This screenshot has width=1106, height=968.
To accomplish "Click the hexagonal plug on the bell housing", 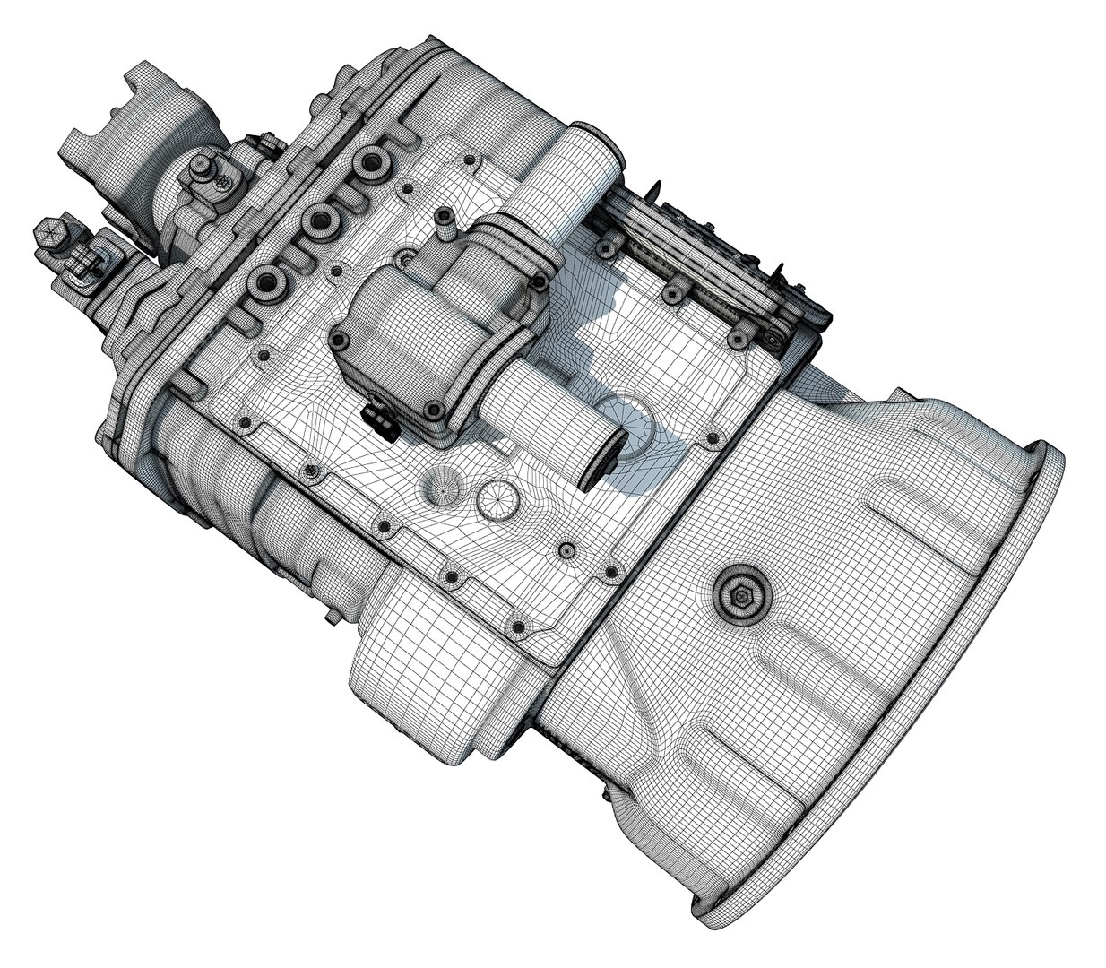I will tap(742, 593).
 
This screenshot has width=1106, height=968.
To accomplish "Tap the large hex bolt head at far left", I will tap(52, 237).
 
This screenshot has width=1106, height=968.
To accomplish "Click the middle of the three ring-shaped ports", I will tap(316, 220).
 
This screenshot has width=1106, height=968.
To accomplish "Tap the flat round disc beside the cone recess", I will tap(497, 498).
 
